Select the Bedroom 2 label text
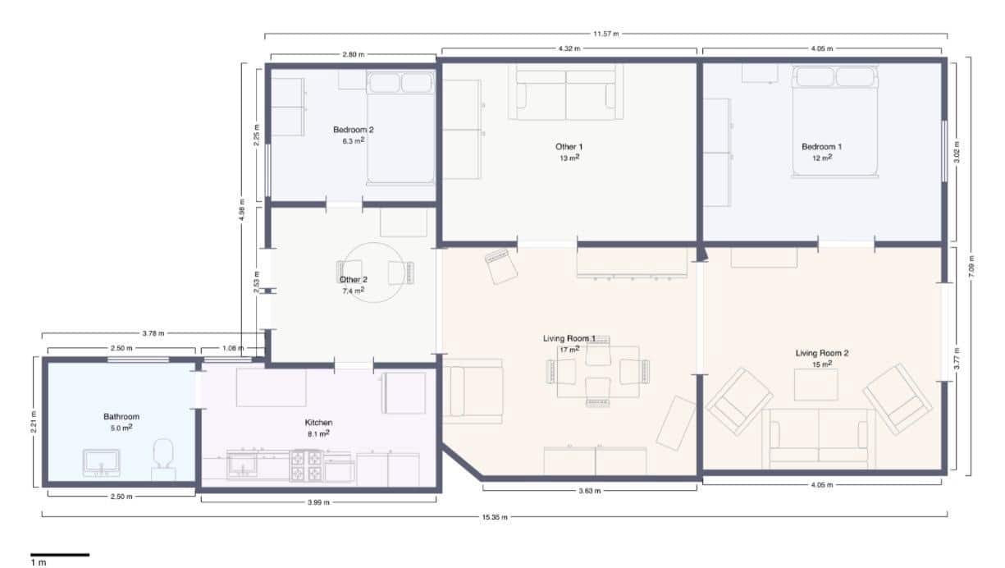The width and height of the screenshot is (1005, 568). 354,130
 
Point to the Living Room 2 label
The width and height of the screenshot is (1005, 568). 821,353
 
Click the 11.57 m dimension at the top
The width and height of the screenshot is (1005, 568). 605,34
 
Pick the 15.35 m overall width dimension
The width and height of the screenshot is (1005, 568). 494,516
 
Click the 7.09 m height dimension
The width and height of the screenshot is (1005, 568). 971,267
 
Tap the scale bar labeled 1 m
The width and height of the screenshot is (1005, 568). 60,557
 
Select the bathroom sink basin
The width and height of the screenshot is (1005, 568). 102,462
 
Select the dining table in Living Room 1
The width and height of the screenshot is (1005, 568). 598,371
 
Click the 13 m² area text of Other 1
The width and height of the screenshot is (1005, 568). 569,158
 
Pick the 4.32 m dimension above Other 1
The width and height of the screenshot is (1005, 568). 569,49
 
